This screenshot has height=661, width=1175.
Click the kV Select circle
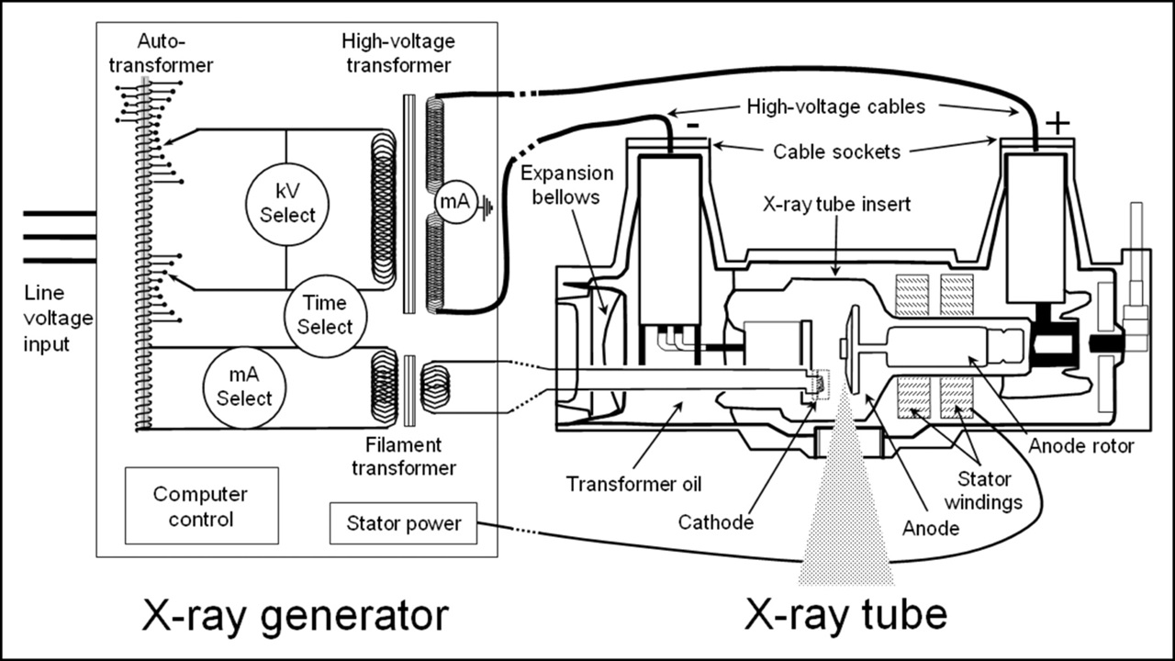[287, 203]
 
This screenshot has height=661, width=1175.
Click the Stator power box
[403, 525]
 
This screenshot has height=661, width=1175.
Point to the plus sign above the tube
[1057, 122]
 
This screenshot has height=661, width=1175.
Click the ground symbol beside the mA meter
[486, 207]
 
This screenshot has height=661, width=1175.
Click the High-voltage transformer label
[397, 53]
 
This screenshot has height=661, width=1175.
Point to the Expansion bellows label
[565, 184]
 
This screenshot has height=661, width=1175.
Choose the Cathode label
[715, 521]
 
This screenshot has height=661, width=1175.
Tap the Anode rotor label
[1080, 446]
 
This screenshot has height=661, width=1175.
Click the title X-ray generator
[296, 616]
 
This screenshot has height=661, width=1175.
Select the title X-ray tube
[845, 616]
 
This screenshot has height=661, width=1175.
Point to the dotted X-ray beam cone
[845, 523]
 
